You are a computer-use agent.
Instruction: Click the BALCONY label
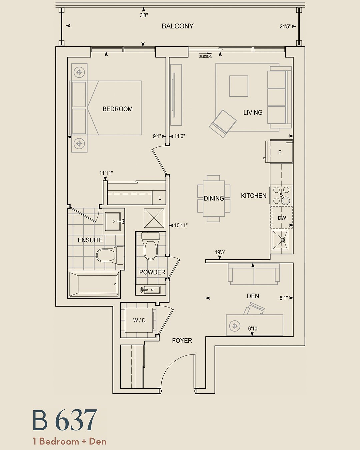click(x=178, y=26)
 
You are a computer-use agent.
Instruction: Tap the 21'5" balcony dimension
click(x=285, y=27)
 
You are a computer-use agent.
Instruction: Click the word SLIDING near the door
click(x=205, y=57)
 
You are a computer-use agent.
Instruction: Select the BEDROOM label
click(x=118, y=109)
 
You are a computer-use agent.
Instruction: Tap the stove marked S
click(x=281, y=195)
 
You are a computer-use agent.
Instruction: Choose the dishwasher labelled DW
click(x=282, y=217)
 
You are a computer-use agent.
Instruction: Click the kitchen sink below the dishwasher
click(x=280, y=240)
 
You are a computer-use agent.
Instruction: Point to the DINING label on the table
click(x=214, y=198)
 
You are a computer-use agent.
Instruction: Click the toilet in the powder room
click(x=151, y=245)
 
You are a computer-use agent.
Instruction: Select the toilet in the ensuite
click(x=110, y=255)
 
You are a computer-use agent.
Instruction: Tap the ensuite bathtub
click(x=94, y=284)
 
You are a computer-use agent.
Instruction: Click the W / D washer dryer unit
click(x=139, y=320)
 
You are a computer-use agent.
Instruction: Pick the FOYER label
click(x=182, y=341)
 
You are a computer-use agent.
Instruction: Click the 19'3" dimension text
click(x=220, y=252)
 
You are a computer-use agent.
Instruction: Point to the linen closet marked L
click(x=159, y=198)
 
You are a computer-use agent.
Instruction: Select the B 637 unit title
click(x=65, y=420)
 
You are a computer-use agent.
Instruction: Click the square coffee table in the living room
click(x=239, y=86)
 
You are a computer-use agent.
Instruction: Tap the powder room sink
click(x=150, y=290)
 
